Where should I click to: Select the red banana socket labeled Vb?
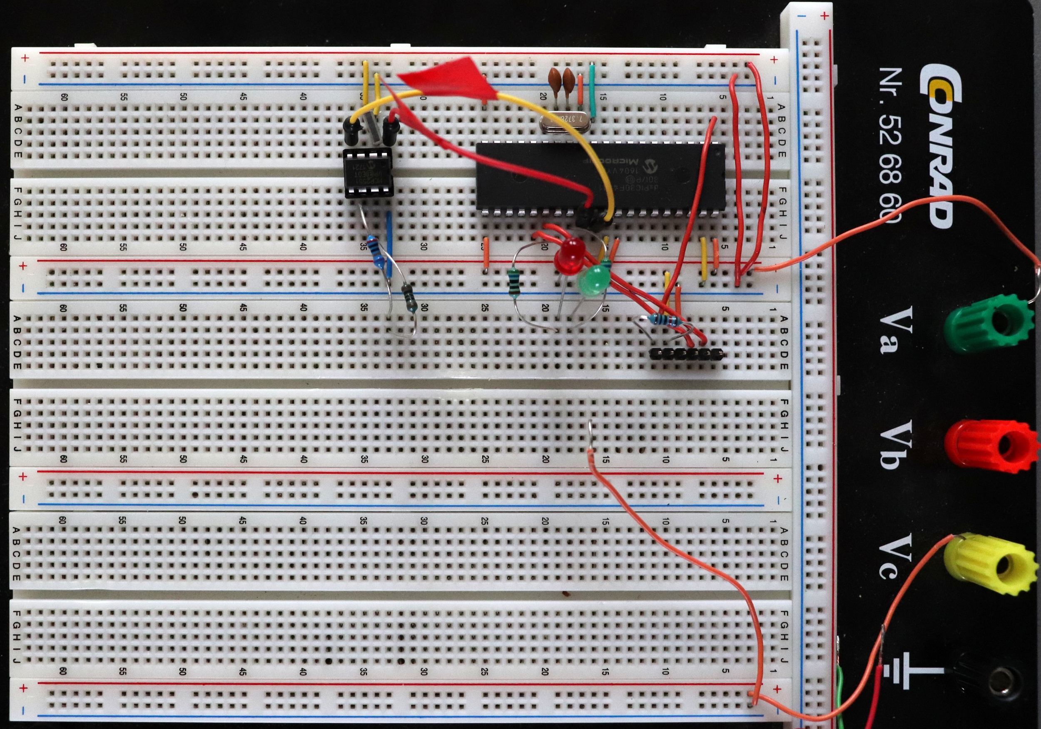point(989,447)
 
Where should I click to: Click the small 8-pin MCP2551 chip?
point(368,173)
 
